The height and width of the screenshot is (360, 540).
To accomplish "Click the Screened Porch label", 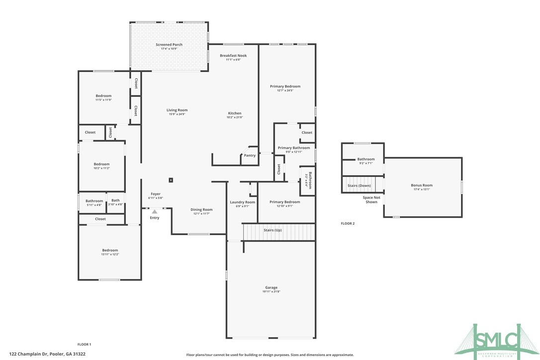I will (169, 45).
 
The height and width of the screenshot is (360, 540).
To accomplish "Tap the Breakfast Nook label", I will (233, 56).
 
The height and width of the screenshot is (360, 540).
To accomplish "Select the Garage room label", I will (271, 287).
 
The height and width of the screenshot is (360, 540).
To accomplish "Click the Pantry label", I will (250, 156).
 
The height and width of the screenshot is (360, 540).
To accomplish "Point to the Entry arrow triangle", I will (155, 211).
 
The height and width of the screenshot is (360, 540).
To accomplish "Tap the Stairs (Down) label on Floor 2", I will (359, 185).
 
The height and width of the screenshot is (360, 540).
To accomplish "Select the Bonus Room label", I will (422, 185).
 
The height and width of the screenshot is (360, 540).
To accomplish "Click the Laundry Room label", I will (242, 202).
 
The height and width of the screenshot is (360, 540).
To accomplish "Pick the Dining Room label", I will (201, 209).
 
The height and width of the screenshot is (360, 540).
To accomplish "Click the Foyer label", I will (156, 194).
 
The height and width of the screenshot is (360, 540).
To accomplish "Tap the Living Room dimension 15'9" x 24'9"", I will (177, 114).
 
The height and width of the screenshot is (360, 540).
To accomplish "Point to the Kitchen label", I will (234, 113).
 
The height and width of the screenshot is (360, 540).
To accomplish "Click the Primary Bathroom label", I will (293, 148).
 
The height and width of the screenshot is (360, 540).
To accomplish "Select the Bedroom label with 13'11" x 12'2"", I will (110, 250).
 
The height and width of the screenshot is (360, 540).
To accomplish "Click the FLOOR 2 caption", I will (348, 224).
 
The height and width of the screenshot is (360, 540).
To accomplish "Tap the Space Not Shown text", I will (371, 200).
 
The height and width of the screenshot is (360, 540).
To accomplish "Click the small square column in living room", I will (171, 180).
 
